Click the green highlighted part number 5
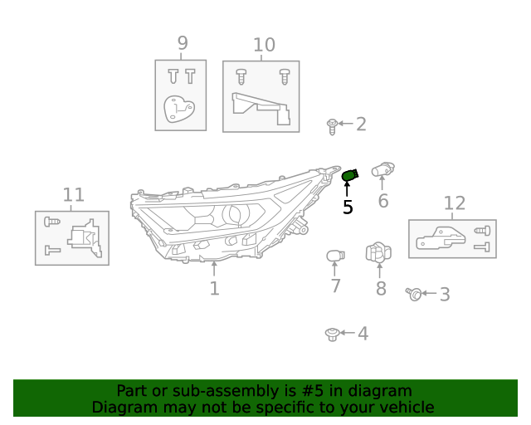pos(349,175)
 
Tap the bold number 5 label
pos(348,208)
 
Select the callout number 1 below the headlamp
pos(214,289)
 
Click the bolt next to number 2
pos(332,126)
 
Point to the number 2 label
pos(361,125)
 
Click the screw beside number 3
pos(414,294)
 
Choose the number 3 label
pos(445,294)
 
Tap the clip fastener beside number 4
pos(332,334)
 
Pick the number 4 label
pos(363,334)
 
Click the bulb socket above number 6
pos(382,169)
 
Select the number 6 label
pos(382,201)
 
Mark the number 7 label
pos(335,286)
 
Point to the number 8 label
pos(381,289)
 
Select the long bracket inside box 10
pos(261,109)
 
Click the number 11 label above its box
pos(74,195)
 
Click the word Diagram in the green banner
pos(120,408)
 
